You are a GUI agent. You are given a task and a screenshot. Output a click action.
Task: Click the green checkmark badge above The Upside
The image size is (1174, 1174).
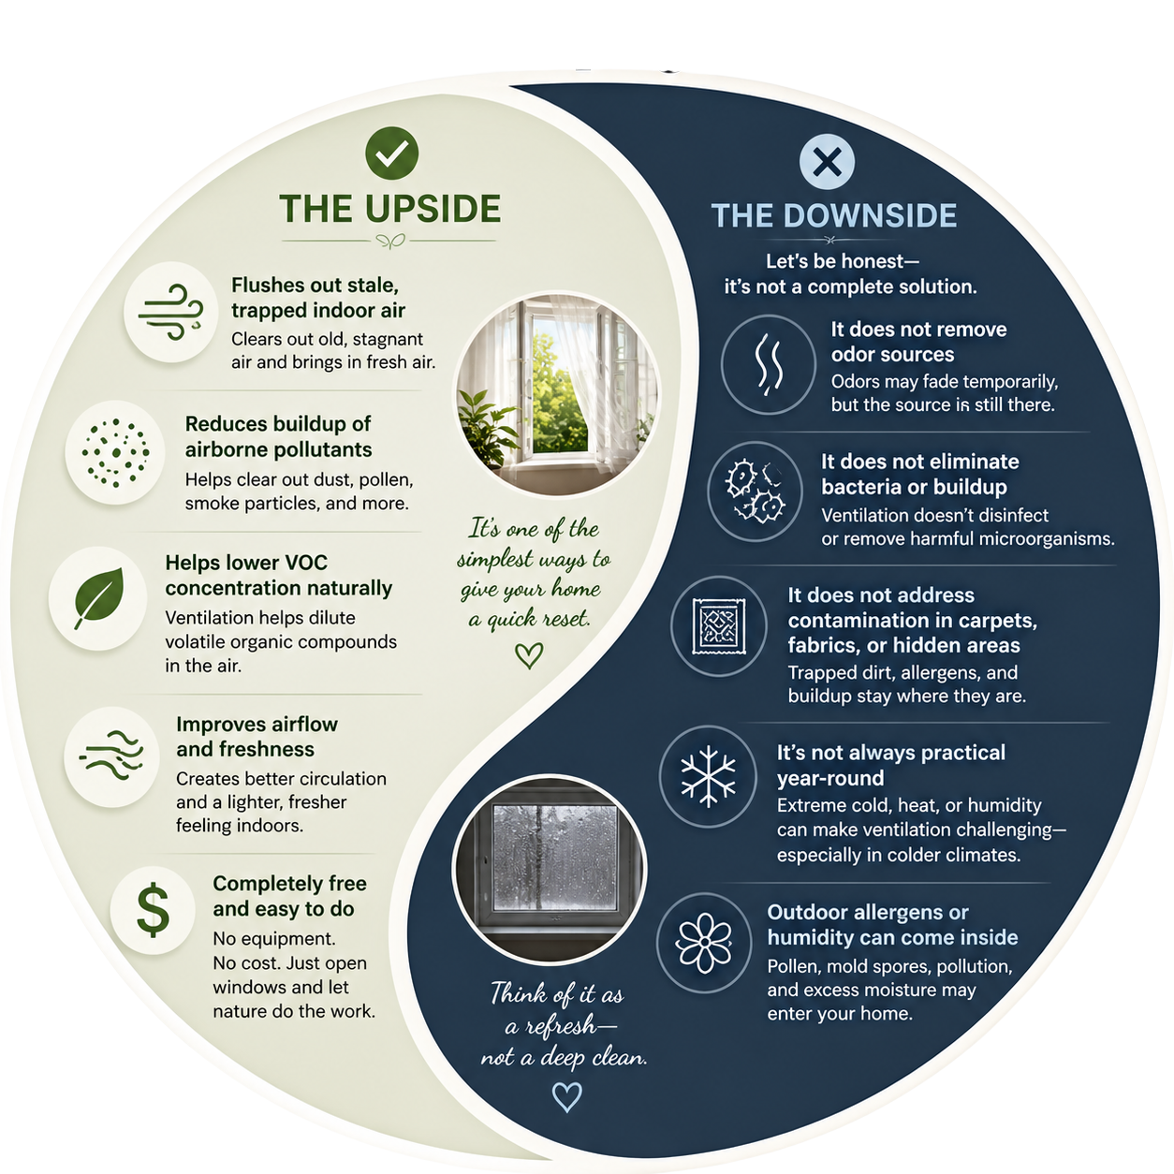[391, 153]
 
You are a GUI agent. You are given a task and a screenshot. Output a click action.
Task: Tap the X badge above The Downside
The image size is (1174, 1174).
[827, 162]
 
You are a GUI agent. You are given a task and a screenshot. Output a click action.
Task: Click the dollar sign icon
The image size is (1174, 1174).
[153, 910]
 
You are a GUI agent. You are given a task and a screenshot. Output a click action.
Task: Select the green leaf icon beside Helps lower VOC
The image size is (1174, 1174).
[98, 598]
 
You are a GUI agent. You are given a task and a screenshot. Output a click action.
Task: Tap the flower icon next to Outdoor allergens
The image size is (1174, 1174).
[704, 943]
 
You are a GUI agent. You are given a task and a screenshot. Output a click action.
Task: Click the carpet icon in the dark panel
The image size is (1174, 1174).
[719, 626]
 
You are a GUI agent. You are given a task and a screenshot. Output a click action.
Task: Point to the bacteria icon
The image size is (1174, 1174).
[755, 492]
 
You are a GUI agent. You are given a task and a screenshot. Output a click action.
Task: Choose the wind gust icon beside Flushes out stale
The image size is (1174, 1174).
[171, 312]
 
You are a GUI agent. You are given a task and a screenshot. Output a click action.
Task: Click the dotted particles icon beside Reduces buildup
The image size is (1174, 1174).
[115, 453]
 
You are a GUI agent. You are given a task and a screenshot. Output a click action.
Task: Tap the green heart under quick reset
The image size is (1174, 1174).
[529, 655]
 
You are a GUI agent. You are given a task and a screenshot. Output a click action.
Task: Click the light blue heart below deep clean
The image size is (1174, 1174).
[566, 1096]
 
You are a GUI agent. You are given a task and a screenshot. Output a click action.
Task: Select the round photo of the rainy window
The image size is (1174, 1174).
[550, 870]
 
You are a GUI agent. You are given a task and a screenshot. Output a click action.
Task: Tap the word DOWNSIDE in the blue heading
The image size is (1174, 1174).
[870, 215]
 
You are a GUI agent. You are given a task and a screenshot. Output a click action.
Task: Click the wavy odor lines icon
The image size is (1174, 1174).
[769, 363]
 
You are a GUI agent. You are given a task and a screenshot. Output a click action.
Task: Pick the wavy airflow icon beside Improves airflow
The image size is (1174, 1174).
[110, 756]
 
